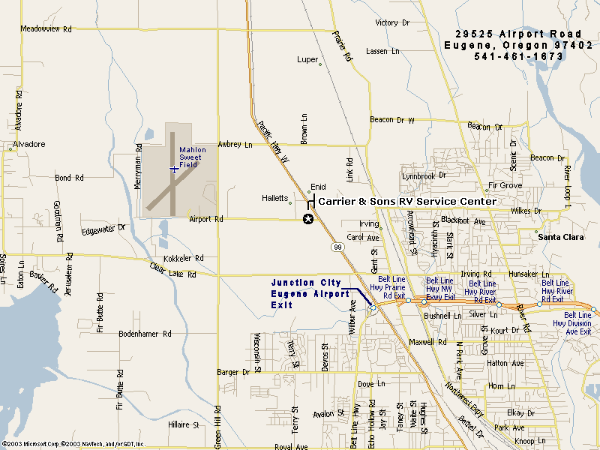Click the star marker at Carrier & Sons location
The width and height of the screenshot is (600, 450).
point(307,219)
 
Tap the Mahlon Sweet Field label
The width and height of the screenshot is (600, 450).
point(190,157)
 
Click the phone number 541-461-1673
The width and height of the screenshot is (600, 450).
point(519,56)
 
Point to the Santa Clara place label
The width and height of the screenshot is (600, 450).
point(561,237)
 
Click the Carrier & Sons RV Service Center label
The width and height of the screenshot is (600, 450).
point(407,201)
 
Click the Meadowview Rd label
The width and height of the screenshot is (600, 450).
point(46,29)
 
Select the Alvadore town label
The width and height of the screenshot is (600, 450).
point(28,144)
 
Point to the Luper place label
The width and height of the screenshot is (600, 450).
point(307,59)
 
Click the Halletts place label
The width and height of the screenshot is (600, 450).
point(274,198)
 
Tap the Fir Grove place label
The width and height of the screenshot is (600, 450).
point(505,185)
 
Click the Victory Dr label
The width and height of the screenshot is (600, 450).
point(392,23)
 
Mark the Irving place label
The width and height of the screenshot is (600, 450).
point(368,223)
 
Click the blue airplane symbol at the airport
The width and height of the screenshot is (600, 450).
point(174,169)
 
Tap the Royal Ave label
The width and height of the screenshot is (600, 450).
point(291,446)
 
